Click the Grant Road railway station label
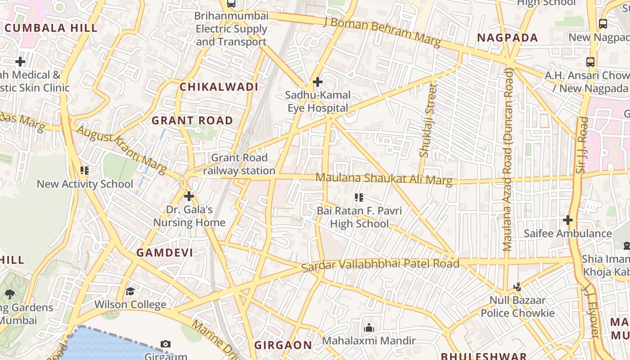tap(239, 164)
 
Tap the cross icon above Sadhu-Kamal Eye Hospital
tap(317, 82)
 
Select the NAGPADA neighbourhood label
tap(507, 38)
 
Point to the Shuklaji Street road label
tap(428, 121)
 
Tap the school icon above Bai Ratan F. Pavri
tap(359, 197)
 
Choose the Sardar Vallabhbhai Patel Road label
tap(380, 265)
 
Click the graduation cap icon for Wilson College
tap(130, 291)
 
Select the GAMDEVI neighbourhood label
tap(165, 253)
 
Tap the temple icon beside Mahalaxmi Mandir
tap(369, 327)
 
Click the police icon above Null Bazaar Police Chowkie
tap(517, 287)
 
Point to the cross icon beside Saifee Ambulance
tap(568, 220)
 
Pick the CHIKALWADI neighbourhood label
tap(219, 87)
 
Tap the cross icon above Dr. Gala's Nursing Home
tap(189, 196)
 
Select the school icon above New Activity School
tap(85, 171)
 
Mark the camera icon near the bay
tap(165, 344)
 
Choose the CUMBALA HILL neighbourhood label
tap(51, 28)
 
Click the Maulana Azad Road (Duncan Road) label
tap(508, 160)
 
